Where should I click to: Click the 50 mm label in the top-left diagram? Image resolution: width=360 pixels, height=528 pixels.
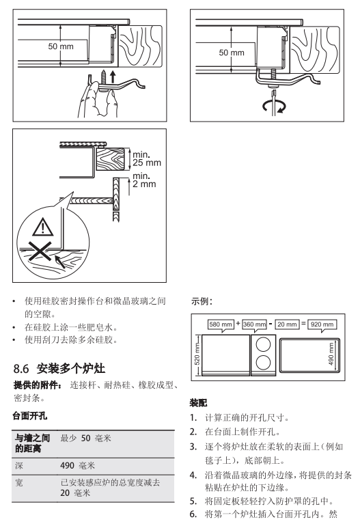click(x=61, y=46)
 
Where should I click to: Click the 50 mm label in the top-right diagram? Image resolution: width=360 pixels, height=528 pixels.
click(x=232, y=53)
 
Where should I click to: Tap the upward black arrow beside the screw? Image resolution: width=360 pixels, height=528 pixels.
click(x=113, y=77)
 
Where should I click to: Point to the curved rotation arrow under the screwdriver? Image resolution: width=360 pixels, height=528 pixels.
click(x=274, y=107)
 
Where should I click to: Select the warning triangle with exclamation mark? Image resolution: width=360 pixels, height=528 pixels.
click(x=43, y=227)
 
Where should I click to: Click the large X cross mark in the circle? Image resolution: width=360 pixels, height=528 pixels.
click(x=40, y=251)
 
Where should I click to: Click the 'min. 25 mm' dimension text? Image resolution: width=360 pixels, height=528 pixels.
click(x=146, y=158)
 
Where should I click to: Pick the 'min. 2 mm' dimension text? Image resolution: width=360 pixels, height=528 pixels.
click(x=144, y=180)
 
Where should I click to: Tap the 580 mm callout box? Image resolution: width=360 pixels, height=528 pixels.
click(x=221, y=324)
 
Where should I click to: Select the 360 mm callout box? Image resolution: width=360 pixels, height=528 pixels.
click(x=255, y=324)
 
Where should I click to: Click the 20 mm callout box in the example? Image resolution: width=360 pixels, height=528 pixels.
click(x=287, y=324)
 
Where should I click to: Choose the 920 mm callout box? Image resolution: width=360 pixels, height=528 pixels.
click(x=322, y=324)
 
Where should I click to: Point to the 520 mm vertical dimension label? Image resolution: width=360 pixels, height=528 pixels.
click(x=197, y=354)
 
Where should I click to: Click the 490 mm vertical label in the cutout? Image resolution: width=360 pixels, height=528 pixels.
click(x=331, y=354)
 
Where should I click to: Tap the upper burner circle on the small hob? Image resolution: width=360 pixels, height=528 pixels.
click(x=263, y=345)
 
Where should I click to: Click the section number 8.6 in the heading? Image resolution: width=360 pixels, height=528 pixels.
click(x=21, y=369)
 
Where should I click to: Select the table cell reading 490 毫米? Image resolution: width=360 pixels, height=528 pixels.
click(x=77, y=466)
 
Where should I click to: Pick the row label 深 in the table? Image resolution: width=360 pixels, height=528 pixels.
click(x=19, y=466)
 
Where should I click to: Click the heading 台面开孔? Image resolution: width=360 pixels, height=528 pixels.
click(x=29, y=416)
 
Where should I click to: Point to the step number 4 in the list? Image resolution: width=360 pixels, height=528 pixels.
click(x=193, y=475)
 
